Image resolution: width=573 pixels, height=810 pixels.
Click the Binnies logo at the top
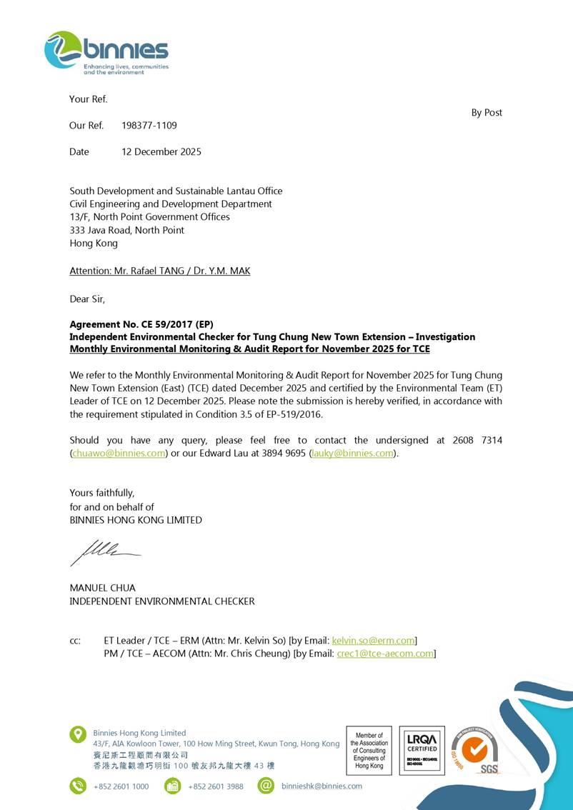click(106, 53)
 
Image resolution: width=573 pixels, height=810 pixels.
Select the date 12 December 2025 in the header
click(161, 151)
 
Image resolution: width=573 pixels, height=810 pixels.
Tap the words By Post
click(487, 113)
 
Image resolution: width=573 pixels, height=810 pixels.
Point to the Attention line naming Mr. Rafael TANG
click(159, 271)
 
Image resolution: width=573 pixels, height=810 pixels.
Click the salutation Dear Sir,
click(87, 299)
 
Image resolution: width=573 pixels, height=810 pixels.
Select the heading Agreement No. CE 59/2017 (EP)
click(141, 324)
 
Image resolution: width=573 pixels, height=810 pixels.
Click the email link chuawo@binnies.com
click(119, 454)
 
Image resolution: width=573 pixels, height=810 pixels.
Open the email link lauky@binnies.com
click(352, 454)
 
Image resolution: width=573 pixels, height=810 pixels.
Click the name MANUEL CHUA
click(102, 588)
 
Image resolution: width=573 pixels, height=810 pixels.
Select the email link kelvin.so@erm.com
click(373, 641)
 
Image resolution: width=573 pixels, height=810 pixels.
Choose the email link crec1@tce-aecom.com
click(385, 654)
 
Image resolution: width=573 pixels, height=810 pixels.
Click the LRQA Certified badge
click(422, 750)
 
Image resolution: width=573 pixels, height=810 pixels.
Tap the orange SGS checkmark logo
click(474, 750)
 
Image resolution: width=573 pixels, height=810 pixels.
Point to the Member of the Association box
click(369, 750)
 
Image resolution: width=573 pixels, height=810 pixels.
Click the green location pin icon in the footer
click(78, 734)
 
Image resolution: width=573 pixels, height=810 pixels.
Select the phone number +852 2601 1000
click(121, 786)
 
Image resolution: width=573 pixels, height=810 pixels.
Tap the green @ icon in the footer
click(266, 786)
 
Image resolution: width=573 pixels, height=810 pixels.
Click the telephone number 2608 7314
click(477, 441)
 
